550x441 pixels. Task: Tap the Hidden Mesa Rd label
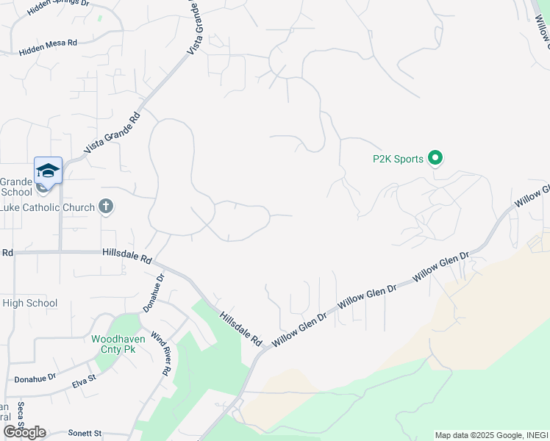click(x=48, y=45)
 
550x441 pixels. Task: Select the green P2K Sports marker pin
click(x=435, y=157)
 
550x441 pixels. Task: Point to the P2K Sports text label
click(x=398, y=159)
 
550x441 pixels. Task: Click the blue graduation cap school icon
click(x=48, y=171)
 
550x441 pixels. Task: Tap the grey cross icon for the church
click(x=106, y=207)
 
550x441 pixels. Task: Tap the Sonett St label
click(x=85, y=434)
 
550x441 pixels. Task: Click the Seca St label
click(x=21, y=416)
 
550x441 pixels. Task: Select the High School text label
click(x=29, y=303)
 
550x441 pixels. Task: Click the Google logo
click(x=24, y=432)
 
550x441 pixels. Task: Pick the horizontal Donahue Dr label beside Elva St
click(x=35, y=379)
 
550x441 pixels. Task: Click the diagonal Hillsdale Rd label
click(x=240, y=328)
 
